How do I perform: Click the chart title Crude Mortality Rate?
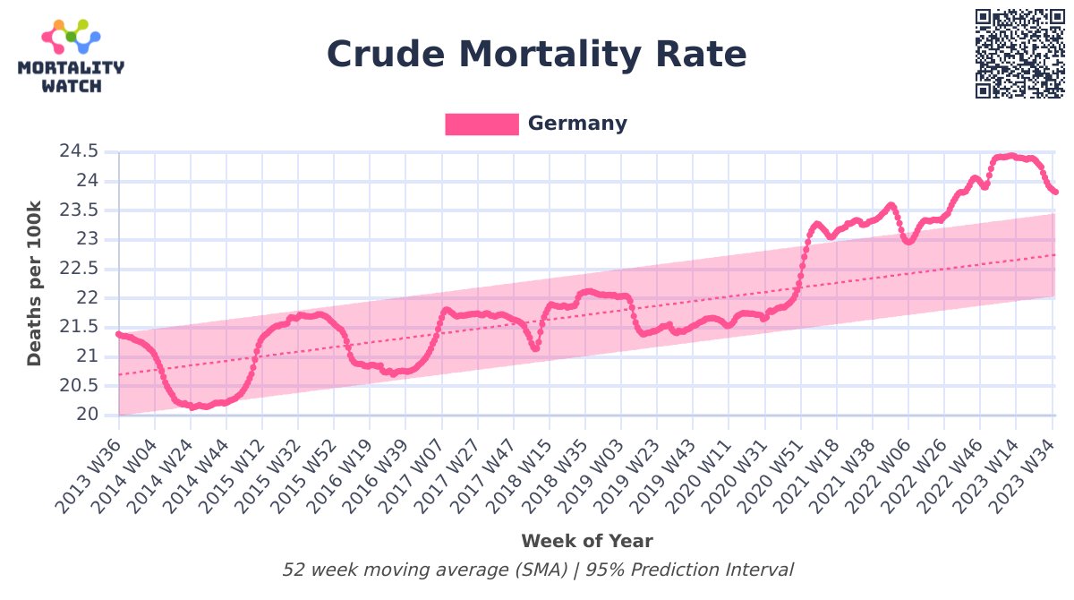(x=536, y=55)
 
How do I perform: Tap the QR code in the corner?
(x=1020, y=53)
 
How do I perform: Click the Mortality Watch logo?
(x=71, y=56)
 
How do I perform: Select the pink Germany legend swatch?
(x=482, y=124)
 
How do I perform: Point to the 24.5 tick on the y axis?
(x=79, y=151)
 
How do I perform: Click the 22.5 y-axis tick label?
(x=79, y=269)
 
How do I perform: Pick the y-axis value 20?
(x=87, y=415)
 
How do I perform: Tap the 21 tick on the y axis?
(x=87, y=356)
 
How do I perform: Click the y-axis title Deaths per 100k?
(x=34, y=283)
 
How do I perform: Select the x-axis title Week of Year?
(x=587, y=541)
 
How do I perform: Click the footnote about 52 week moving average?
(x=538, y=570)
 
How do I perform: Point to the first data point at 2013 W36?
(x=118, y=334)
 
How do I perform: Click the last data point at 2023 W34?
(x=1055, y=192)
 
